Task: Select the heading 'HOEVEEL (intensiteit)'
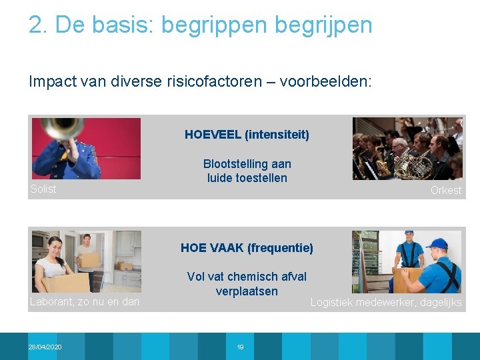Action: pyautogui.click(x=247, y=135)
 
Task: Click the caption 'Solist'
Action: pyautogui.click(x=43, y=189)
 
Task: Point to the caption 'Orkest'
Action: pyautogui.click(x=445, y=191)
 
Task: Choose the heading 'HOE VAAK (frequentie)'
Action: pyautogui.click(x=247, y=248)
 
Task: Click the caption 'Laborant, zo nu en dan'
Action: pyautogui.click(x=85, y=302)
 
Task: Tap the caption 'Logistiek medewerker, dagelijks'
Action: pyautogui.click(x=386, y=303)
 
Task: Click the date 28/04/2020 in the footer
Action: pyautogui.click(x=45, y=347)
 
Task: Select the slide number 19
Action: pyautogui.click(x=240, y=347)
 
